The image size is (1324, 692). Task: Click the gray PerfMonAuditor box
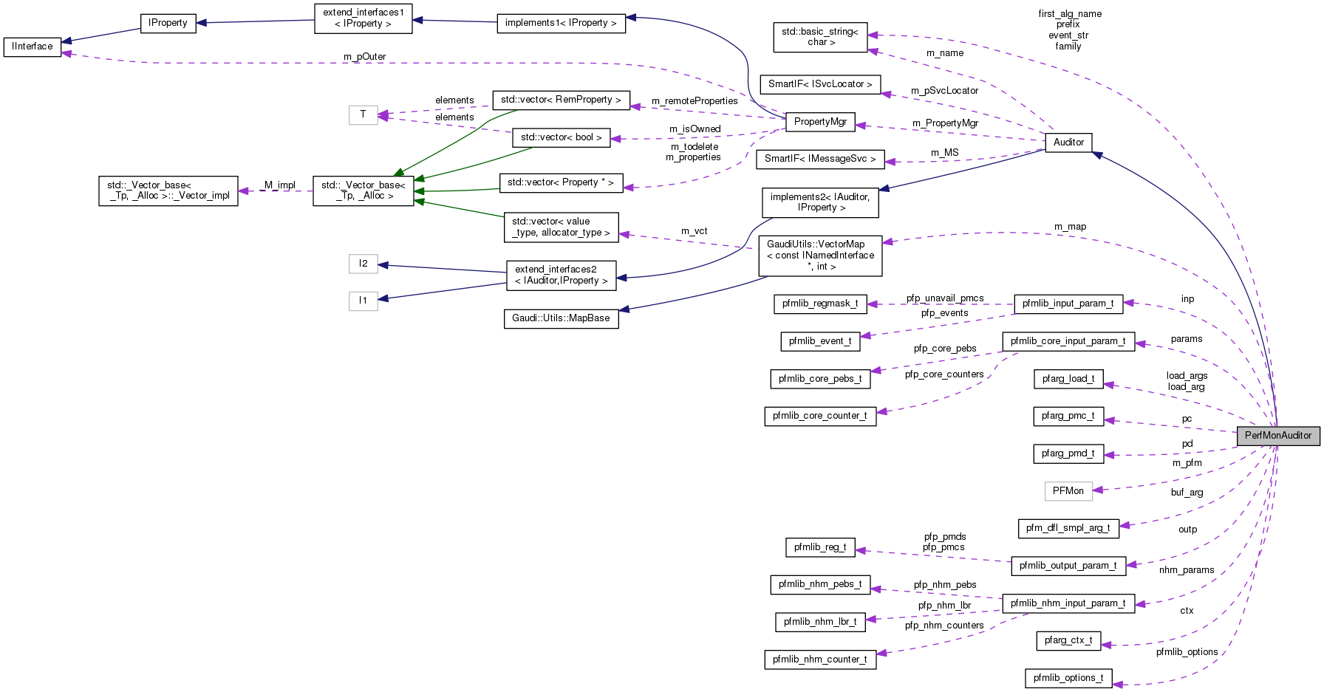click(x=1277, y=436)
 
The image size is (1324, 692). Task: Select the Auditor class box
click(x=1068, y=143)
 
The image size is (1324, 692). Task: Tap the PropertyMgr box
click(x=820, y=122)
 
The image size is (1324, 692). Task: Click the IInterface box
click(x=33, y=47)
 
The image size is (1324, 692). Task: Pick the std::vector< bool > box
click(x=561, y=137)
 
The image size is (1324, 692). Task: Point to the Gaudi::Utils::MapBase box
click(x=561, y=318)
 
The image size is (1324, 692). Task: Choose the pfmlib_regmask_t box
click(x=820, y=304)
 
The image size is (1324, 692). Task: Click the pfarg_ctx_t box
click(x=1068, y=640)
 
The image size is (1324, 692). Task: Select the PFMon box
click(x=1068, y=491)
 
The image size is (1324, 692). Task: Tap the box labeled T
click(x=363, y=114)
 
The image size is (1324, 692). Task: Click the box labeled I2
click(x=363, y=264)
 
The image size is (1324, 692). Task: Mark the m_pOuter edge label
click(x=364, y=57)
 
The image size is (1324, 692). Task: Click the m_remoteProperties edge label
click(x=695, y=101)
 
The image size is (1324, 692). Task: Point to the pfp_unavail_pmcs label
click(x=945, y=298)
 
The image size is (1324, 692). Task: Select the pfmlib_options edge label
click(x=1187, y=652)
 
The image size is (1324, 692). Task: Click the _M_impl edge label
click(x=279, y=185)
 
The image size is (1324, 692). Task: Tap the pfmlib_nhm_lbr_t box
click(x=820, y=622)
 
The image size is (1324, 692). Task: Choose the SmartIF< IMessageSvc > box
click(x=820, y=159)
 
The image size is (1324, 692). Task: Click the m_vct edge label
click(x=694, y=231)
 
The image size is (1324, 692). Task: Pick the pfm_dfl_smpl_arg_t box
click(x=1068, y=528)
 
